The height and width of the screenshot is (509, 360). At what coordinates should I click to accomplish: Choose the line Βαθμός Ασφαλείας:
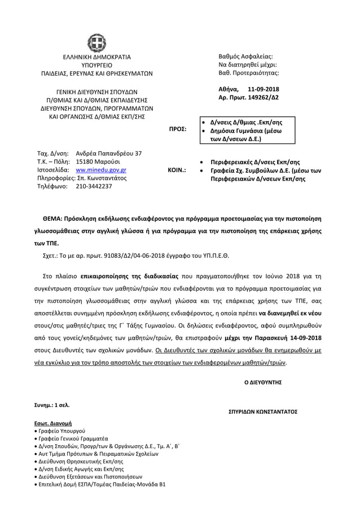(245, 57)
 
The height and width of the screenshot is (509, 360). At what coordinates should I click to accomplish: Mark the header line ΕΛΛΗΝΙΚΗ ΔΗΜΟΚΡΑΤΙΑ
(96, 57)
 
